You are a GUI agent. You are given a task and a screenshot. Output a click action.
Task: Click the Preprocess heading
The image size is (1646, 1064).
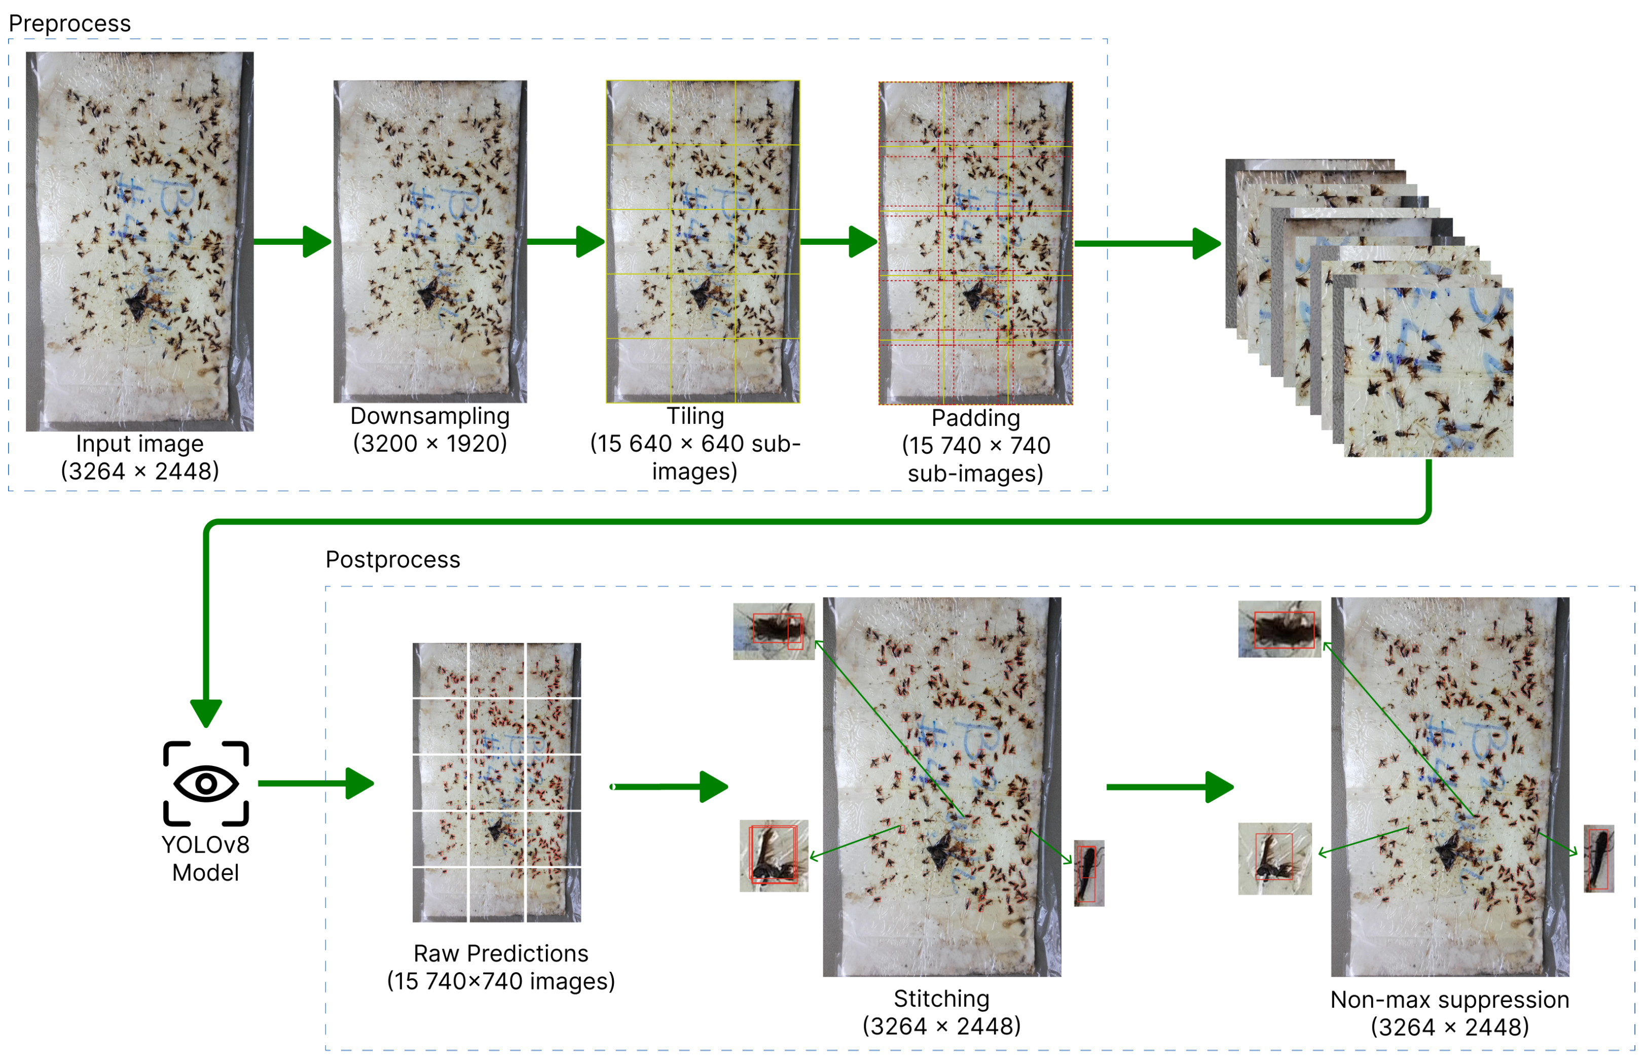coord(69,23)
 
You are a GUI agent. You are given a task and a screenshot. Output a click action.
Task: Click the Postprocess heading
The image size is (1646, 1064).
coord(392,559)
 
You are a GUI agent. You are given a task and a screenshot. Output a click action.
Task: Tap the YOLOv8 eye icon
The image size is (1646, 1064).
coord(206,784)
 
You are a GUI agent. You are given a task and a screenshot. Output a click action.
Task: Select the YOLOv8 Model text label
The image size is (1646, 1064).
coord(206,859)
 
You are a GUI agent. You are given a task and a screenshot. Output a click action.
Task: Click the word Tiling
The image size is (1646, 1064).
coord(695,416)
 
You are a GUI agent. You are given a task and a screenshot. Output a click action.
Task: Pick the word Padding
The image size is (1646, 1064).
coord(975,418)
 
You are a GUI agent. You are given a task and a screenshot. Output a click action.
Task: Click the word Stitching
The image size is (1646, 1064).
coord(941,999)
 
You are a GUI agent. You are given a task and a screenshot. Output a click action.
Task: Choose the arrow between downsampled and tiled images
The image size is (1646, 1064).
coord(566,242)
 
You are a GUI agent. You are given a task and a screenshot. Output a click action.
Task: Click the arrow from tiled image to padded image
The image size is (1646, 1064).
coord(838,242)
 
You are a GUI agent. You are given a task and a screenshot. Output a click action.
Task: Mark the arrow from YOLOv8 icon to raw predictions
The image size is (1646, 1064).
coord(316,784)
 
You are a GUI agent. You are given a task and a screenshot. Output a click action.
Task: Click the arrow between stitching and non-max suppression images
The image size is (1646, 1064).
coord(1170,787)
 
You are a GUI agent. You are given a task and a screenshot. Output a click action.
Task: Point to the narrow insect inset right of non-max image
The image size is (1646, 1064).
coord(1598,858)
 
